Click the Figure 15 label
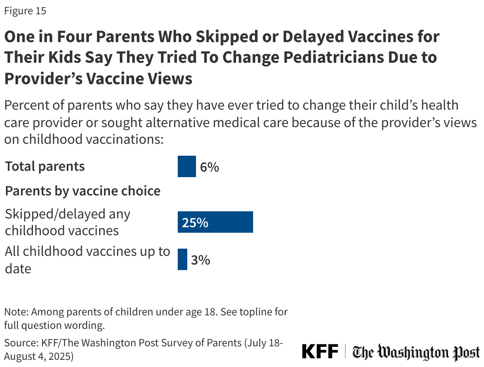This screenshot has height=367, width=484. pyautogui.click(x=25, y=11)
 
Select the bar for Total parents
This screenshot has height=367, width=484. pyautogui.click(x=186, y=166)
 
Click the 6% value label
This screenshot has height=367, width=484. pyautogui.click(x=209, y=167)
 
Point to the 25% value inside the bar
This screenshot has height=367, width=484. pyautogui.click(x=195, y=222)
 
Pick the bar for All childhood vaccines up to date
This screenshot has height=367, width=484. pyautogui.click(x=182, y=259)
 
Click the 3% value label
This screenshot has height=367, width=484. pyautogui.click(x=200, y=260)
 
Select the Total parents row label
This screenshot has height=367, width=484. pyautogui.click(x=45, y=166)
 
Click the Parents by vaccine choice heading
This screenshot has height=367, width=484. pyautogui.click(x=83, y=191)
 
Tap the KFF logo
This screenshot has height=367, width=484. pyautogui.click(x=320, y=352)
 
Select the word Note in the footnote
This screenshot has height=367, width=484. pyautogui.click(x=16, y=312)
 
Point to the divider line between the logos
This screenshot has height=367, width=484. pyautogui.click(x=346, y=352)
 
